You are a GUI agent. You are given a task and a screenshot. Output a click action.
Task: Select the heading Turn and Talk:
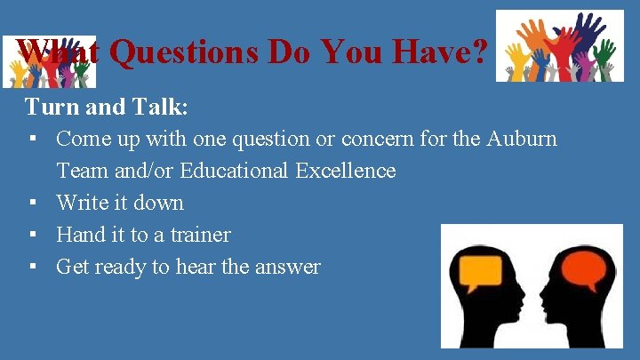pos(107,108)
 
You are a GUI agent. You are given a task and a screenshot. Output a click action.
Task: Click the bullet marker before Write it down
pos(31,204)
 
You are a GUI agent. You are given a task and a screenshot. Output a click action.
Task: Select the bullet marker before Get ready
pos(31,268)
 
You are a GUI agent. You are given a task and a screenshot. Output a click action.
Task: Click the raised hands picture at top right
pos(559,46)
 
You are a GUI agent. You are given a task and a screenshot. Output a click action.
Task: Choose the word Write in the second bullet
pos(82,203)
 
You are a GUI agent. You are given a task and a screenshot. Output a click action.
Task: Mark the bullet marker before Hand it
pos(31,236)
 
